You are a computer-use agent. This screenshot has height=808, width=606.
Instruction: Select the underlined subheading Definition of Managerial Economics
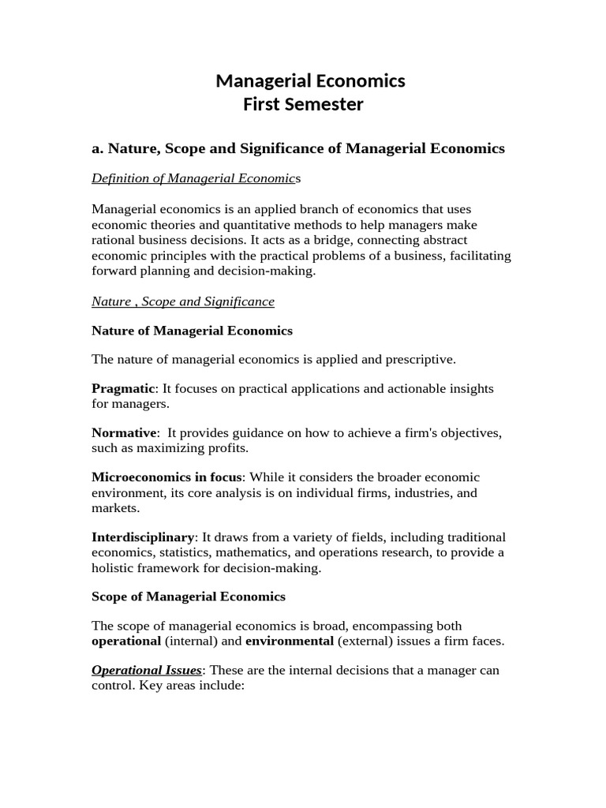click(196, 178)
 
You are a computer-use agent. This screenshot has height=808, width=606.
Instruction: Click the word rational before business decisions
click(115, 240)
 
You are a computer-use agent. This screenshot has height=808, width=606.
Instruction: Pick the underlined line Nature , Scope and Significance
click(183, 301)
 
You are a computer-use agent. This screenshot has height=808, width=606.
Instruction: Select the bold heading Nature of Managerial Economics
click(192, 331)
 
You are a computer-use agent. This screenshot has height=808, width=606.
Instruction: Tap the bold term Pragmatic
click(125, 389)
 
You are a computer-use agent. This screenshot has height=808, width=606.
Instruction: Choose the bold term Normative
click(125, 433)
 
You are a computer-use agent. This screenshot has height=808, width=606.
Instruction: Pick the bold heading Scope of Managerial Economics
click(189, 597)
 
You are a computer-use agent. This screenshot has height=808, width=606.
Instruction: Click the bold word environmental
click(290, 641)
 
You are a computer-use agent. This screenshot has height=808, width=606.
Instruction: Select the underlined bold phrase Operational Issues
click(147, 671)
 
